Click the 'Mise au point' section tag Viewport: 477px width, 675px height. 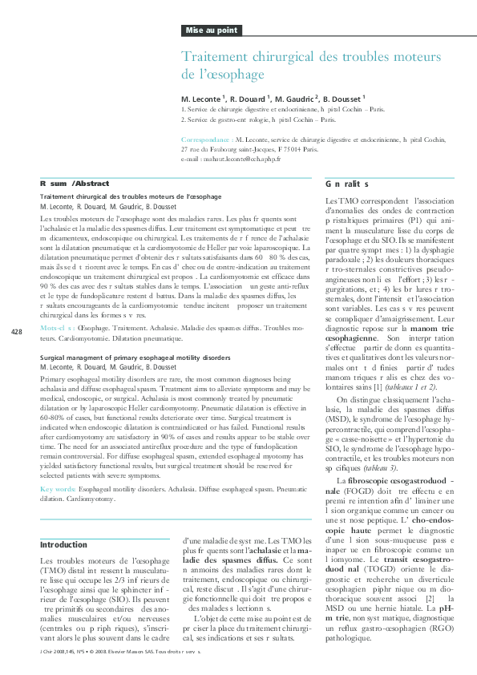click(x=212, y=30)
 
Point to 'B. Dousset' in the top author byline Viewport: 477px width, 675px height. click(x=342, y=98)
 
